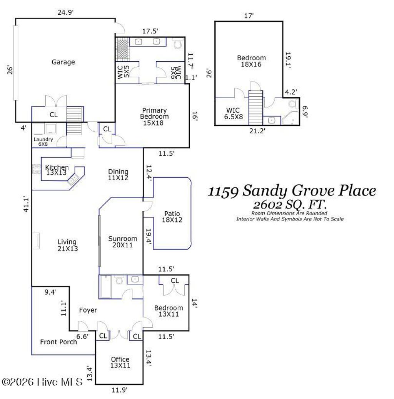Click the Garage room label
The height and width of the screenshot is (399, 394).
[63, 62]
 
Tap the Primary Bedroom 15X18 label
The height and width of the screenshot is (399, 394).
[154, 113]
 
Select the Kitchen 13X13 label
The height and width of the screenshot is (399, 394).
[57, 170]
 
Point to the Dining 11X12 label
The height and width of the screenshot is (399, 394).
[118, 175]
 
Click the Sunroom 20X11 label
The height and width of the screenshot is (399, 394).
[122, 241]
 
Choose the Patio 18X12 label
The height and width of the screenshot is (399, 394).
[172, 217]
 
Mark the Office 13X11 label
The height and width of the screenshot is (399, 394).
[120, 363]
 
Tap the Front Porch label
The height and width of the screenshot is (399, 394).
[58, 342]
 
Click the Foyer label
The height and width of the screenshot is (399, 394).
[88, 310]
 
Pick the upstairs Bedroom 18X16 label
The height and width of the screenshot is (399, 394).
[251, 61]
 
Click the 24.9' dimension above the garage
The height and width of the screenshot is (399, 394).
[65, 12]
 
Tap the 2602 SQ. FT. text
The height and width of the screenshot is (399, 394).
[291, 204]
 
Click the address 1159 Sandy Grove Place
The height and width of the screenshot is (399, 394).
[292, 190]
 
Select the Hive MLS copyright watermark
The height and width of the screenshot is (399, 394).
[42, 382]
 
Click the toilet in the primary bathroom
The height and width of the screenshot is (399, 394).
[178, 45]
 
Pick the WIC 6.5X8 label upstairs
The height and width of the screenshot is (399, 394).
[233, 113]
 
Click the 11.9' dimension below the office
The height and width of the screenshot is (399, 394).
[119, 390]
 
